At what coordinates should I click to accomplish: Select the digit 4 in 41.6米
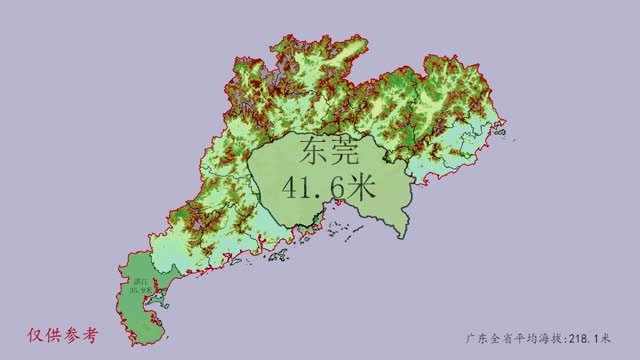(x=293, y=187)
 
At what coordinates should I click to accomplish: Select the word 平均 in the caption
(x=525, y=339)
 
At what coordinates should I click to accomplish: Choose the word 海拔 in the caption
(x=549, y=339)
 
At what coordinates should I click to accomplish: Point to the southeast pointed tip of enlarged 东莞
(x=406, y=236)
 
